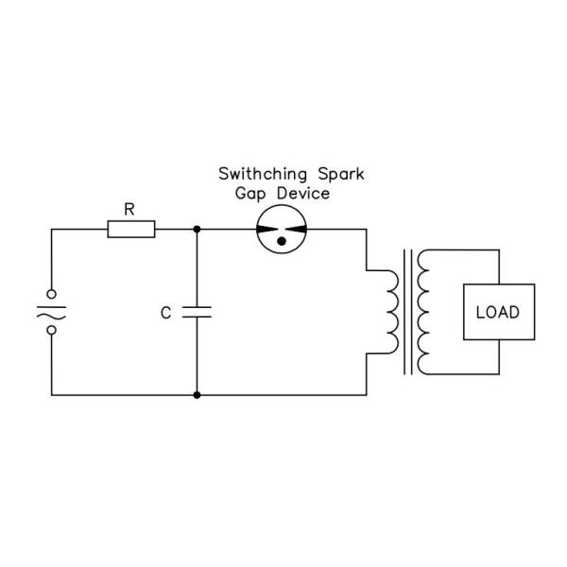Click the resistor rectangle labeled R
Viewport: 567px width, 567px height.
click(x=131, y=230)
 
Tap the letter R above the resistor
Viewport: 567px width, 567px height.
click(x=129, y=210)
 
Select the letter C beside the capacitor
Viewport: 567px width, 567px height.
click(x=165, y=313)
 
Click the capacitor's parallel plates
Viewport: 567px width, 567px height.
click(x=197, y=312)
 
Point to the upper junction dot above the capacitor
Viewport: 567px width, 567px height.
click(x=197, y=230)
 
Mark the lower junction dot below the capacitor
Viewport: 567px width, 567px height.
click(x=197, y=395)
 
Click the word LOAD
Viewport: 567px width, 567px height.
click(x=498, y=312)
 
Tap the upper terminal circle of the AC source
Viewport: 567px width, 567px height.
click(x=52, y=294)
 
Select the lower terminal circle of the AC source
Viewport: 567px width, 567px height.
click(x=52, y=330)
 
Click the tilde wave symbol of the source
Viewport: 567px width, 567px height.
click(x=51, y=316)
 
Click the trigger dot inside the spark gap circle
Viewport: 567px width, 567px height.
click(x=282, y=241)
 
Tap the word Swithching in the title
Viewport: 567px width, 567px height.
click(x=263, y=174)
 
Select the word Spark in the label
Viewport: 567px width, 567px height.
click(x=341, y=175)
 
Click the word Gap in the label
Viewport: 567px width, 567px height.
click(x=250, y=194)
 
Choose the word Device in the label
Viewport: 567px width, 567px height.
click(x=303, y=193)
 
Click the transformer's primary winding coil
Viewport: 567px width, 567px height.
click(x=393, y=312)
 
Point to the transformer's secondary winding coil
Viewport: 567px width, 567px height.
click(x=423, y=312)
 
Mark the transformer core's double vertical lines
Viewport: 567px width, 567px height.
click(x=408, y=312)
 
